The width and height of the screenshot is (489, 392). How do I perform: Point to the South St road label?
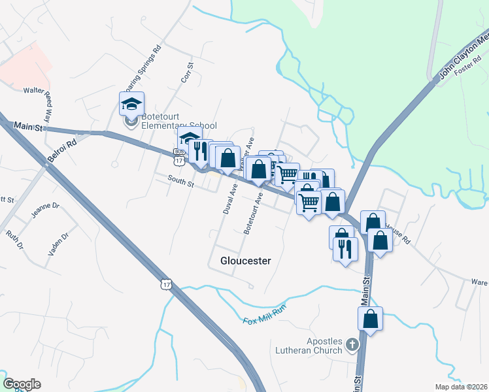pos(180,181)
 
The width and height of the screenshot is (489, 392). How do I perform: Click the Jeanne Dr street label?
pos(45,209)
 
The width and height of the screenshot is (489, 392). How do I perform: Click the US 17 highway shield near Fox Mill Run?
pos(167,284)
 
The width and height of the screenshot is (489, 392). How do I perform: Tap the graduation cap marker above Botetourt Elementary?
pos(131,104)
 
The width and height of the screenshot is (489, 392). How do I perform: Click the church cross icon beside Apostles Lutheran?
pos(352,344)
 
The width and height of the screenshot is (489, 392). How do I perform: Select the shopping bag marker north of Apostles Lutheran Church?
pos(371,319)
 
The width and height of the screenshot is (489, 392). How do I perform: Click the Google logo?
pos(22,384)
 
